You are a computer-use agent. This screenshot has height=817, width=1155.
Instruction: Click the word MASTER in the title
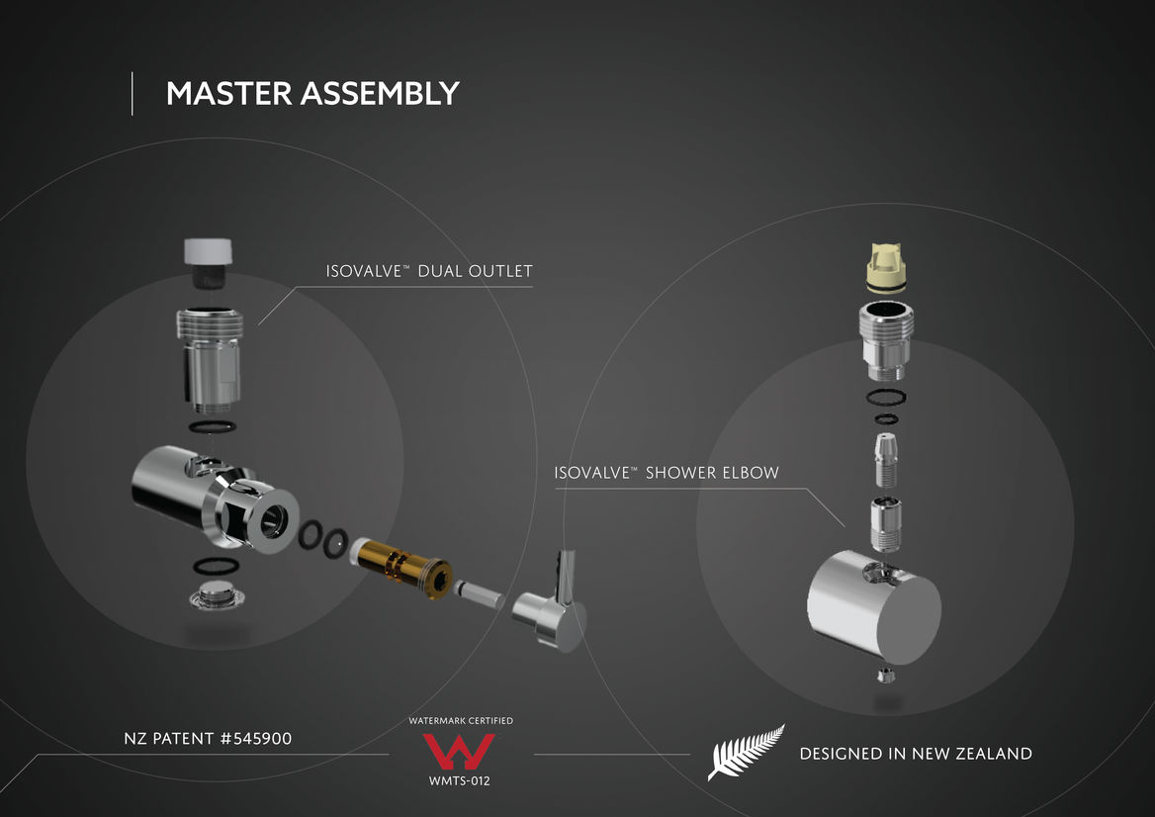click(229, 94)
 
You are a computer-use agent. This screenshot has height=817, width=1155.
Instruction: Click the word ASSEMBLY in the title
click(380, 94)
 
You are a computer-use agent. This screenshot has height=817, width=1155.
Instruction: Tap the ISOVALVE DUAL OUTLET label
click(429, 271)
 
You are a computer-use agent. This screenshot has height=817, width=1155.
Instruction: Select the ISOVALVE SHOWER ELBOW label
click(666, 473)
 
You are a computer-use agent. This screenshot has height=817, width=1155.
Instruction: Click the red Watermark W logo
click(458, 751)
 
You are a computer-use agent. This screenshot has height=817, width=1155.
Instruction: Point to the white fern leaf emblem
click(746, 752)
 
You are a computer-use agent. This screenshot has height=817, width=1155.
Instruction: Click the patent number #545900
click(255, 738)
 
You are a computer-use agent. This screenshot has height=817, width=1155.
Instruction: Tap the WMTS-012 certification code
click(460, 781)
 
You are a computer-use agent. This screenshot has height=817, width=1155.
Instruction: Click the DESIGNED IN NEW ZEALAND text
click(916, 754)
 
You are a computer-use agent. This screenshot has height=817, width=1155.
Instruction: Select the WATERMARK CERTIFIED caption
click(461, 720)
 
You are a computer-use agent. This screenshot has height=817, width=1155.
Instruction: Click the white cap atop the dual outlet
click(208, 251)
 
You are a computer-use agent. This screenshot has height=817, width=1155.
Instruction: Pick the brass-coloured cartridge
click(401, 568)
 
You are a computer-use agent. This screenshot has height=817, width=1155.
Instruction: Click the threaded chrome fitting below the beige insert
click(886, 340)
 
